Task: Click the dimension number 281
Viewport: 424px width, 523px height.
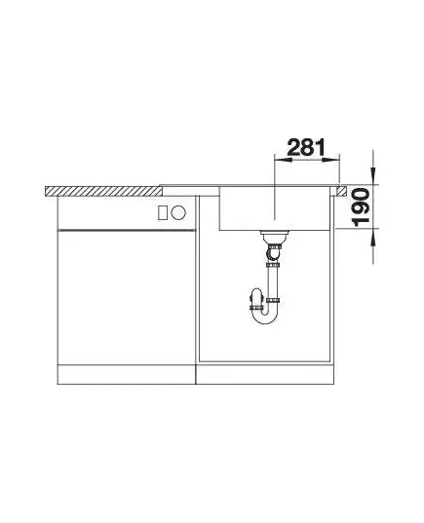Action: pyautogui.click(x=306, y=147)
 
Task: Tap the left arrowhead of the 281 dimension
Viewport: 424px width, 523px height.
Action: pyautogui.click(x=283, y=160)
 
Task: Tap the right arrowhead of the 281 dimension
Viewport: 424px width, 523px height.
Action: pyautogui.click(x=331, y=160)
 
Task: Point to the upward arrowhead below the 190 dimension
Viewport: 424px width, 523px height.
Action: pyautogui.click(x=373, y=238)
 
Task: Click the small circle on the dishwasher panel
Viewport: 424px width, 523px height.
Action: pyautogui.click(x=178, y=212)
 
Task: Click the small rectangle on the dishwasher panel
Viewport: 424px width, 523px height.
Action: pyautogui.click(x=163, y=212)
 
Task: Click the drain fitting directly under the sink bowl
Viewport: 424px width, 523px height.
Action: pyautogui.click(x=274, y=237)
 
